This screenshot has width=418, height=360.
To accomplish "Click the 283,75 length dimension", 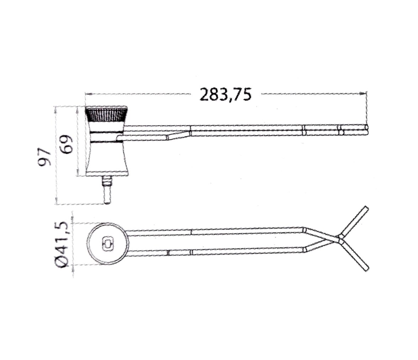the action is [225, 94].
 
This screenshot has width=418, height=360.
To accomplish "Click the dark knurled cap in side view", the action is [106, 114].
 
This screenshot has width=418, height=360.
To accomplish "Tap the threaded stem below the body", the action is [107, 190].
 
